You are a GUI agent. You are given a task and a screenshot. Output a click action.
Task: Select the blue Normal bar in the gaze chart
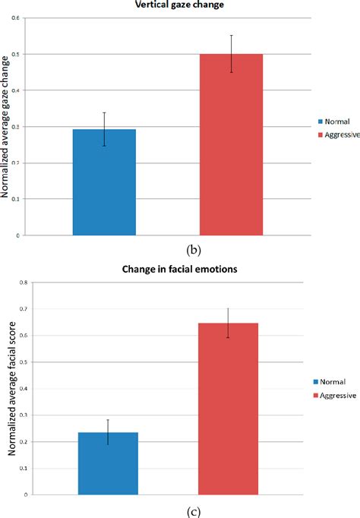click(104, 182)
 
